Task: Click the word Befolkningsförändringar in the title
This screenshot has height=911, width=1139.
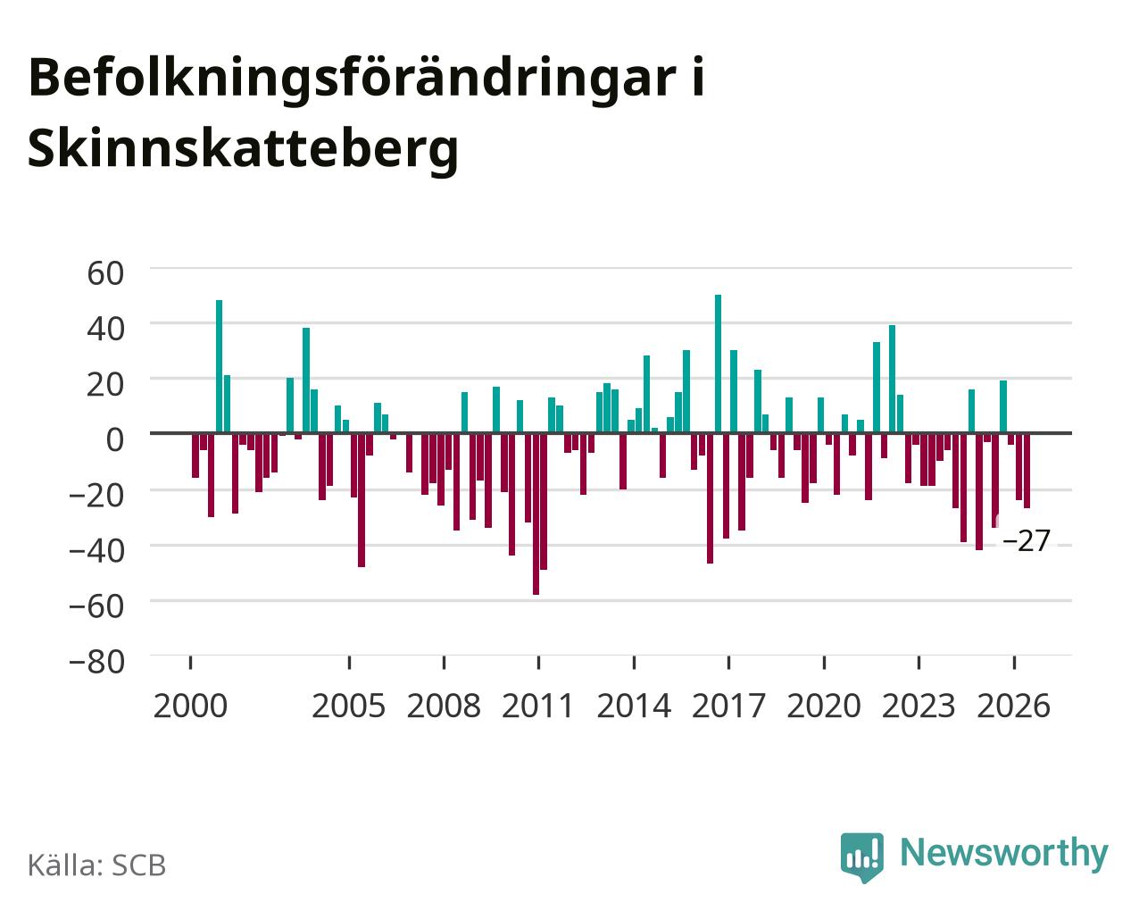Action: click(x=353, y=79)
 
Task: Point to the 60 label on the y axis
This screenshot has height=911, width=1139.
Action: click(x=105, y=274)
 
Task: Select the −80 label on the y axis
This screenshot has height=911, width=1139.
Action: click(x=96, y=662)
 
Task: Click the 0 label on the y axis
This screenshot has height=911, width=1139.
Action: click(x=115, y=439)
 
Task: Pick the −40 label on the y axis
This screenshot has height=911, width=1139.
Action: click(x=96, y=551)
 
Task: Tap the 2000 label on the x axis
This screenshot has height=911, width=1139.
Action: click(x=190, y=706)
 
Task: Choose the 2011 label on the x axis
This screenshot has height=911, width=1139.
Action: click(x=537, y=706)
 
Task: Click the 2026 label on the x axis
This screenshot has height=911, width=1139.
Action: click(x=1013, y=706)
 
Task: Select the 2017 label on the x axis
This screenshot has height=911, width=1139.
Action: click(x=728, y=706)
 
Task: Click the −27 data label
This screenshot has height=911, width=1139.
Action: click(x=1027, y=540)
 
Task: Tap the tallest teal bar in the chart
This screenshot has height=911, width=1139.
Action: click(x=718, y=364)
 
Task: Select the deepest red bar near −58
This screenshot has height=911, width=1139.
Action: click(x=536, y=514)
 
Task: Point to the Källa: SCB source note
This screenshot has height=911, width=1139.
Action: click(x=97, y=865)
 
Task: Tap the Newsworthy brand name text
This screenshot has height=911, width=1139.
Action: click(x=1004, y=854)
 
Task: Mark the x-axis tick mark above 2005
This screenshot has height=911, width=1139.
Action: click(x=349, y=663)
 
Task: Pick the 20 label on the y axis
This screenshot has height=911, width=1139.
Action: click(x=105, y=385)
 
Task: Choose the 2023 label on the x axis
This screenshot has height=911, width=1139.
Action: click(x=919, y=706)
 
